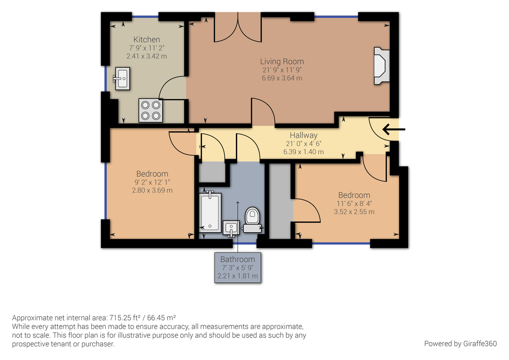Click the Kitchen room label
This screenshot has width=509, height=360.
click(x=146, y=39)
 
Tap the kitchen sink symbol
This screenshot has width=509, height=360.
click(x=122, y=79)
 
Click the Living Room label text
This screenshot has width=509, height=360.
click(x=282, y=62)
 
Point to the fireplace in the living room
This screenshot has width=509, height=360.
click(x=380, y=66)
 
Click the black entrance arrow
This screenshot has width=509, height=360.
click(x=394, y=129)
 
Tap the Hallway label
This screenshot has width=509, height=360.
click(x=304, y=135)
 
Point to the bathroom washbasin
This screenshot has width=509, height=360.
click(x=231, y=228)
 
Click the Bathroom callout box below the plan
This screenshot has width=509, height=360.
click(x=238, y=267)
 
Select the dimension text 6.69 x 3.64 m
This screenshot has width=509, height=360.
click(x=282, y=78)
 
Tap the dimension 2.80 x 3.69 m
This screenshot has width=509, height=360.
click(x=152, y=190)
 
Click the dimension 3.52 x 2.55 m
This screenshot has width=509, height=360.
click(x=354, y=211)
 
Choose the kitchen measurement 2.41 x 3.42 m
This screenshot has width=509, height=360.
click(x=146, y=56)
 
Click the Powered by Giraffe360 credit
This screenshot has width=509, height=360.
click(x=460, y=343)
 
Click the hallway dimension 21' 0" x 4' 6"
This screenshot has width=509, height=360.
click(x=304, y=143)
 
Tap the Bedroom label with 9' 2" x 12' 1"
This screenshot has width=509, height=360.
click(x=152, y=174)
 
